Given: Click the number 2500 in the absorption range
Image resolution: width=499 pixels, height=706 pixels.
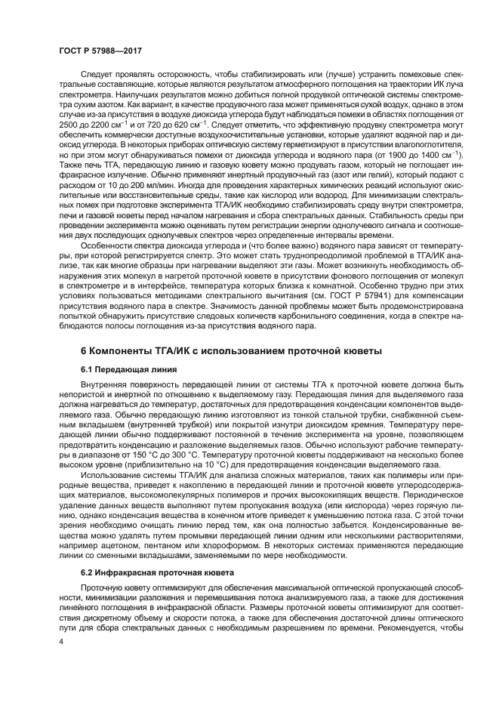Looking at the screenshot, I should (x=69, y=123).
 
